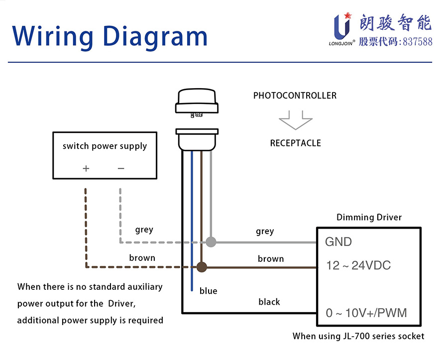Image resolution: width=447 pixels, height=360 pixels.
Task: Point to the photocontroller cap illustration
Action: (197, 101)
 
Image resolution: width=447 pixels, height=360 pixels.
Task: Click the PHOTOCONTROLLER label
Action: (295, 96)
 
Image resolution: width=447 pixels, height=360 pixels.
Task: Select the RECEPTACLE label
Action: (295, 143)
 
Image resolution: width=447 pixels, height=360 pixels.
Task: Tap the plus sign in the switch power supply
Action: (86, 168)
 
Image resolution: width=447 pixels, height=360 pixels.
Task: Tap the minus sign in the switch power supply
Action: (121, 168)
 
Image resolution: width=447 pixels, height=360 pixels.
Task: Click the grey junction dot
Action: (211, 242)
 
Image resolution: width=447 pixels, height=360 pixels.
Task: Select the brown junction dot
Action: (202, 267)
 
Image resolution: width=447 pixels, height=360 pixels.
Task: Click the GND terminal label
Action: (338, 242)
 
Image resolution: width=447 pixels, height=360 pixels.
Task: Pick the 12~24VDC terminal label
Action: (358, 265)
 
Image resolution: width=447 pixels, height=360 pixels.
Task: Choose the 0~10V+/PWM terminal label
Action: (366, 313)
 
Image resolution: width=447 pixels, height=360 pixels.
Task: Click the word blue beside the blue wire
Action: (208, 291)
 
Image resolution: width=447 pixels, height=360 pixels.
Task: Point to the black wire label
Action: (269, 302)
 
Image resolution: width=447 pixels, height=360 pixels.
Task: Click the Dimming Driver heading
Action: (369, 217)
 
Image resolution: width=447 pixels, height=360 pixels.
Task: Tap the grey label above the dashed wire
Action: (144, 230)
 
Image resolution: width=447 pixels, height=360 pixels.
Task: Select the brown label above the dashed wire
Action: (142, 258)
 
